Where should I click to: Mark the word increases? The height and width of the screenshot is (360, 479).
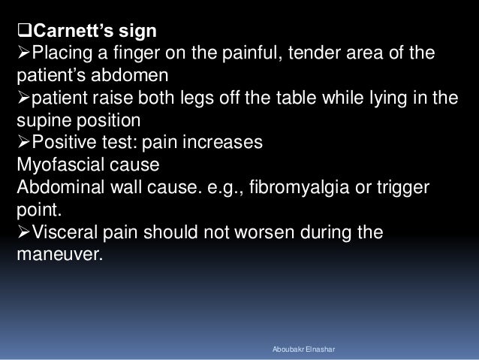click(223, 140)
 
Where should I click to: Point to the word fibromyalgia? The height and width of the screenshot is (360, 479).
click(290, 183)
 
